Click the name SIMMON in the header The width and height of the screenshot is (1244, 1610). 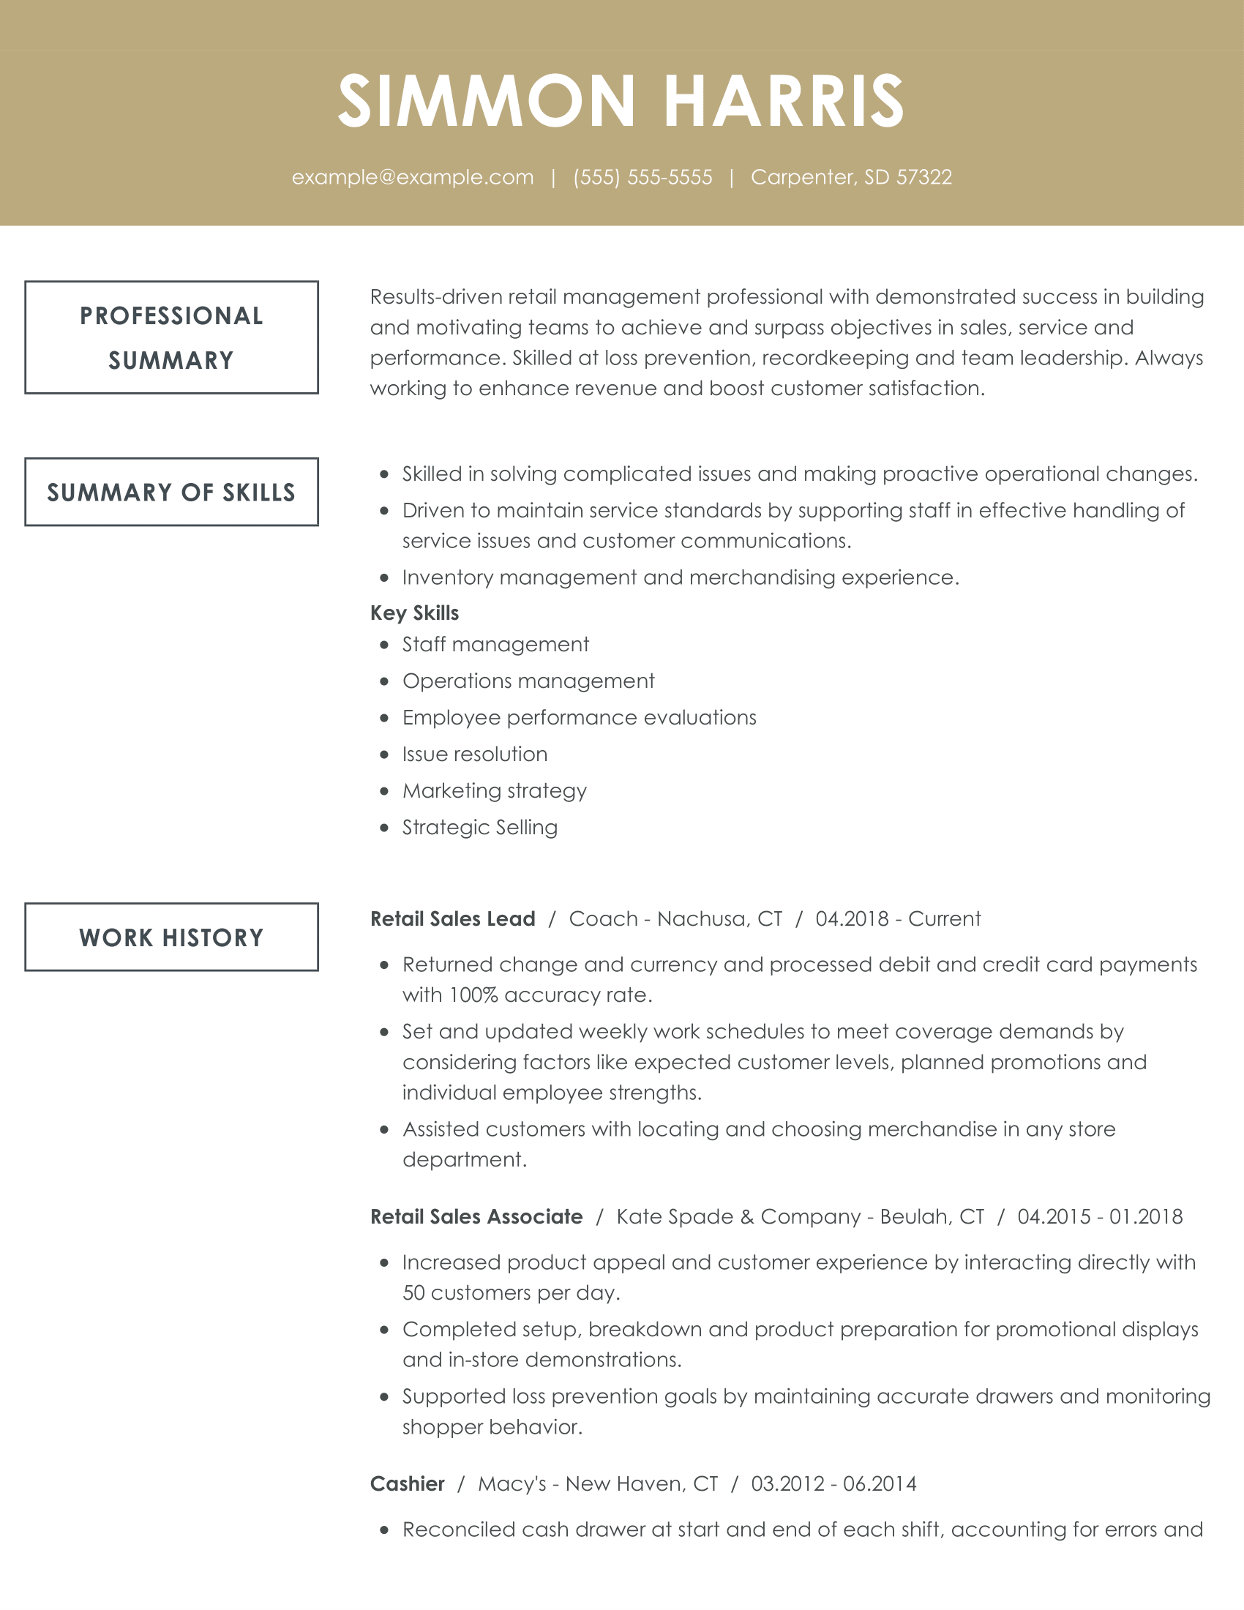click(x=487, y=101)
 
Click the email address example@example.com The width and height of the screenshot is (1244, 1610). click(x=413, y=178)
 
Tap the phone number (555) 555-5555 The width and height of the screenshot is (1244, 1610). click(x=642, y=178)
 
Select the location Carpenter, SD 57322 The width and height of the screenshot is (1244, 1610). click(x=851, y=178)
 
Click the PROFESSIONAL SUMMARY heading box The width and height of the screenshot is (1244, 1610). click(x=172, y=337)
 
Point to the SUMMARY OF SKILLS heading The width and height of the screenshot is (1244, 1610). click(x=172, y=493)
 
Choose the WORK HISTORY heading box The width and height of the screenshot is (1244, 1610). click(x=172, y=937)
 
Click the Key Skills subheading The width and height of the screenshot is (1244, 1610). click(x=414, y=613)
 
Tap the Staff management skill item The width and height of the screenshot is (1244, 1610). click(x=495, y=645)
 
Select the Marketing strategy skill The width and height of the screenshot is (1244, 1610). click(x=495, y=791)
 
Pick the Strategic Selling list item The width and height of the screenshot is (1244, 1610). click(x=480, y=828)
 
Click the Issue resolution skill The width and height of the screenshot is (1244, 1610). click(x=475, y=754)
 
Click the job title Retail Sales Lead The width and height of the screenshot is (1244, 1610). click(x=452, y=919)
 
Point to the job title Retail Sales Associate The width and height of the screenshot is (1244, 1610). click(x=476, y=1217)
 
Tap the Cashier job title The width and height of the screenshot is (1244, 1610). click(x=408, y=1484)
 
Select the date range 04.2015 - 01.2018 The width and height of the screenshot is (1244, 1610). click(x=1100, y=1217)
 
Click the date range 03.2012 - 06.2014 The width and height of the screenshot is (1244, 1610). click(x=833, y=1484)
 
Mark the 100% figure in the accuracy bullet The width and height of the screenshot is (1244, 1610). click(x=473, y=995)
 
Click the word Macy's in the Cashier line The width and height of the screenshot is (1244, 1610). click(x=512, y=1484)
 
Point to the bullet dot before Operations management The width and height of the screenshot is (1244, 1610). click(x=384, y=682)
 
